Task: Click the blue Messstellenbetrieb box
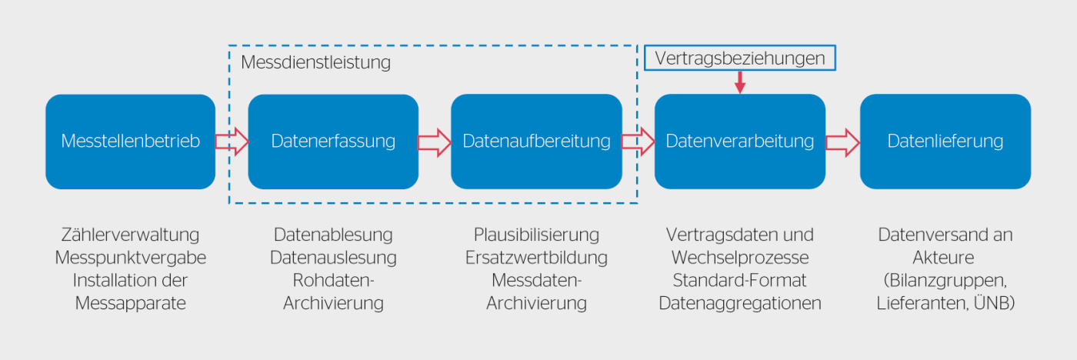[x=130, y=142]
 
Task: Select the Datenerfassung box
[x=333, y=142]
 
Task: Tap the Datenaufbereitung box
[x=536, y=142]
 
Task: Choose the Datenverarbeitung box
[x=739, y=142]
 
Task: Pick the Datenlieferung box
[x=945, y=142]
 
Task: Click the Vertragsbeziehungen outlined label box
[x=739, y=58]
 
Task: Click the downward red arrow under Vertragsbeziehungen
[x=739, y=82]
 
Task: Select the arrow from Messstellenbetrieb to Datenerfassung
[x=232, y=142]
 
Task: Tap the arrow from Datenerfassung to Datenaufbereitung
[x=435, y=142]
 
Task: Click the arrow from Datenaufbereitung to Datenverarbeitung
[x=638, y=142]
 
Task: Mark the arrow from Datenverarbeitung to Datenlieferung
[x=842, y=142]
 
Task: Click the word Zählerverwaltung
[x=130, y=235]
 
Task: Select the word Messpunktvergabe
[x=130, y=258]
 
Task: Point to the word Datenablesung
[x=333, y=235]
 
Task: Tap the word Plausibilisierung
[x=536, y=235]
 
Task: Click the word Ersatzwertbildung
[x=536, y=258]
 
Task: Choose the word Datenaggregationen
[x=739, y=304]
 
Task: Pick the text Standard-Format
[x=739, y=281]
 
